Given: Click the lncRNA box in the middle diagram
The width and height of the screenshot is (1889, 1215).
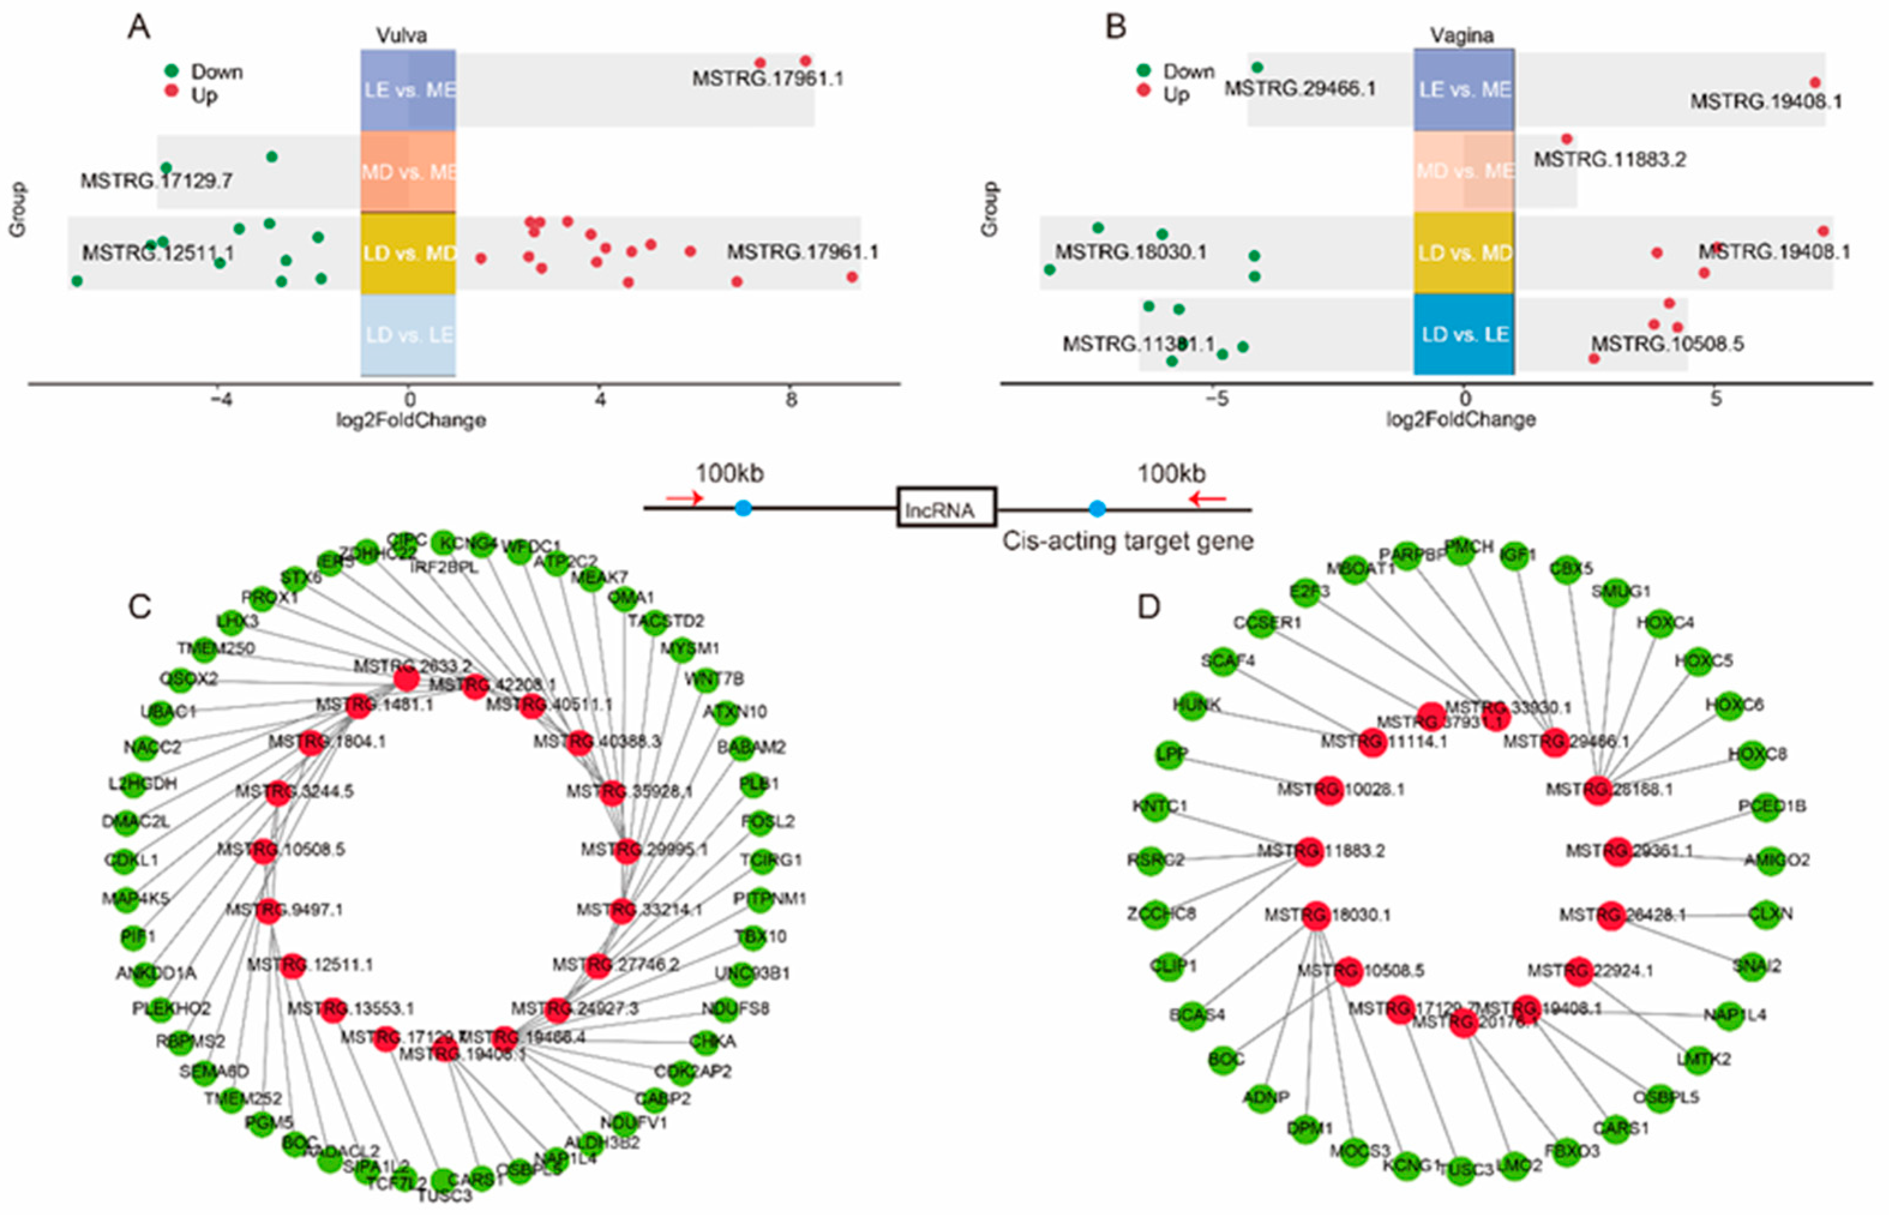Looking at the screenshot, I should click(946, 507).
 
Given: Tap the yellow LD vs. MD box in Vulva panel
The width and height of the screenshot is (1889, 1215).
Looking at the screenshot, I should click(408, 253).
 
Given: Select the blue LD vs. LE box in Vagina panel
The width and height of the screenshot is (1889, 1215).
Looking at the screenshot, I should click(1463, 335).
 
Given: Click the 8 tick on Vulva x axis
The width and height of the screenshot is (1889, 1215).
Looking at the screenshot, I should click(791, 400).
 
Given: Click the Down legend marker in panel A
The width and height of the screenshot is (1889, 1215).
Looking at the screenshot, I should click(171, 71).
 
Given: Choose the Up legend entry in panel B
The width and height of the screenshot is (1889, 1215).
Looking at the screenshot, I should click(1175, 94).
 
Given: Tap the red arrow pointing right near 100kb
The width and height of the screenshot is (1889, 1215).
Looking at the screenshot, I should click(683, 498).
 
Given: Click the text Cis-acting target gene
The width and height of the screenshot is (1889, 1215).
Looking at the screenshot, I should click(1127, 541).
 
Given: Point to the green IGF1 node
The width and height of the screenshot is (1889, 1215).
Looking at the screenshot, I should click(1513, 555).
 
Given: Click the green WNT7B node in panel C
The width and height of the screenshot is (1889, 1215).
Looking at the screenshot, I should click(705, 679).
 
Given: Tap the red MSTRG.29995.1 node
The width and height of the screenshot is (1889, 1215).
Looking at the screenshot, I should click(625, 850).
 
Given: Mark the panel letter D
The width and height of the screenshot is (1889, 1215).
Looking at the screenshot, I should click(1148, 607).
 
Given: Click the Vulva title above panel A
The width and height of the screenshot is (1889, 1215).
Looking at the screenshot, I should click(401, 35).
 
